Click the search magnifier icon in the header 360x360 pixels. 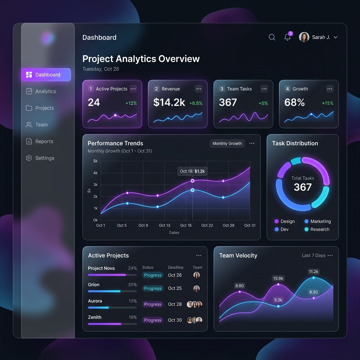tap(272, 37)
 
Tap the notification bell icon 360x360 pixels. tap(288, 37)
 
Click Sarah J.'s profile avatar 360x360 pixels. tap(304, 37)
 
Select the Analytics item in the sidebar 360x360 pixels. tap(45, 91)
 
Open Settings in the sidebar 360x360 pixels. tap(45, 158)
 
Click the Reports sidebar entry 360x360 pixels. tap(44, 141)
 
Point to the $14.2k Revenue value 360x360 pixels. tap(169, 102)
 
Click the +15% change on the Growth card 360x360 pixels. tap(328, 103)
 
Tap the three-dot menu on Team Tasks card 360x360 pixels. tap(264, 89)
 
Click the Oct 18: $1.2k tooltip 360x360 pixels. tap(192, 171)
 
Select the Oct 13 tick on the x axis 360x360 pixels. tap(165, 225)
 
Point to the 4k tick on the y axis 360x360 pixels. tap(95, 173)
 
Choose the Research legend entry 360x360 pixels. tap(320, 229)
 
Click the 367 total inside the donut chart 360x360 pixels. tap(303, 187)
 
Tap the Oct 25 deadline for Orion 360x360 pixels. tap(175, 288)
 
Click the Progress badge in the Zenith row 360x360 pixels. tap(153, 320)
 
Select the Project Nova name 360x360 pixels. tap(101, 268)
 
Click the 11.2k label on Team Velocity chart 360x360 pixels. tap(313, 272)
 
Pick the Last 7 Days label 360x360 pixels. tap(314, 256)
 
